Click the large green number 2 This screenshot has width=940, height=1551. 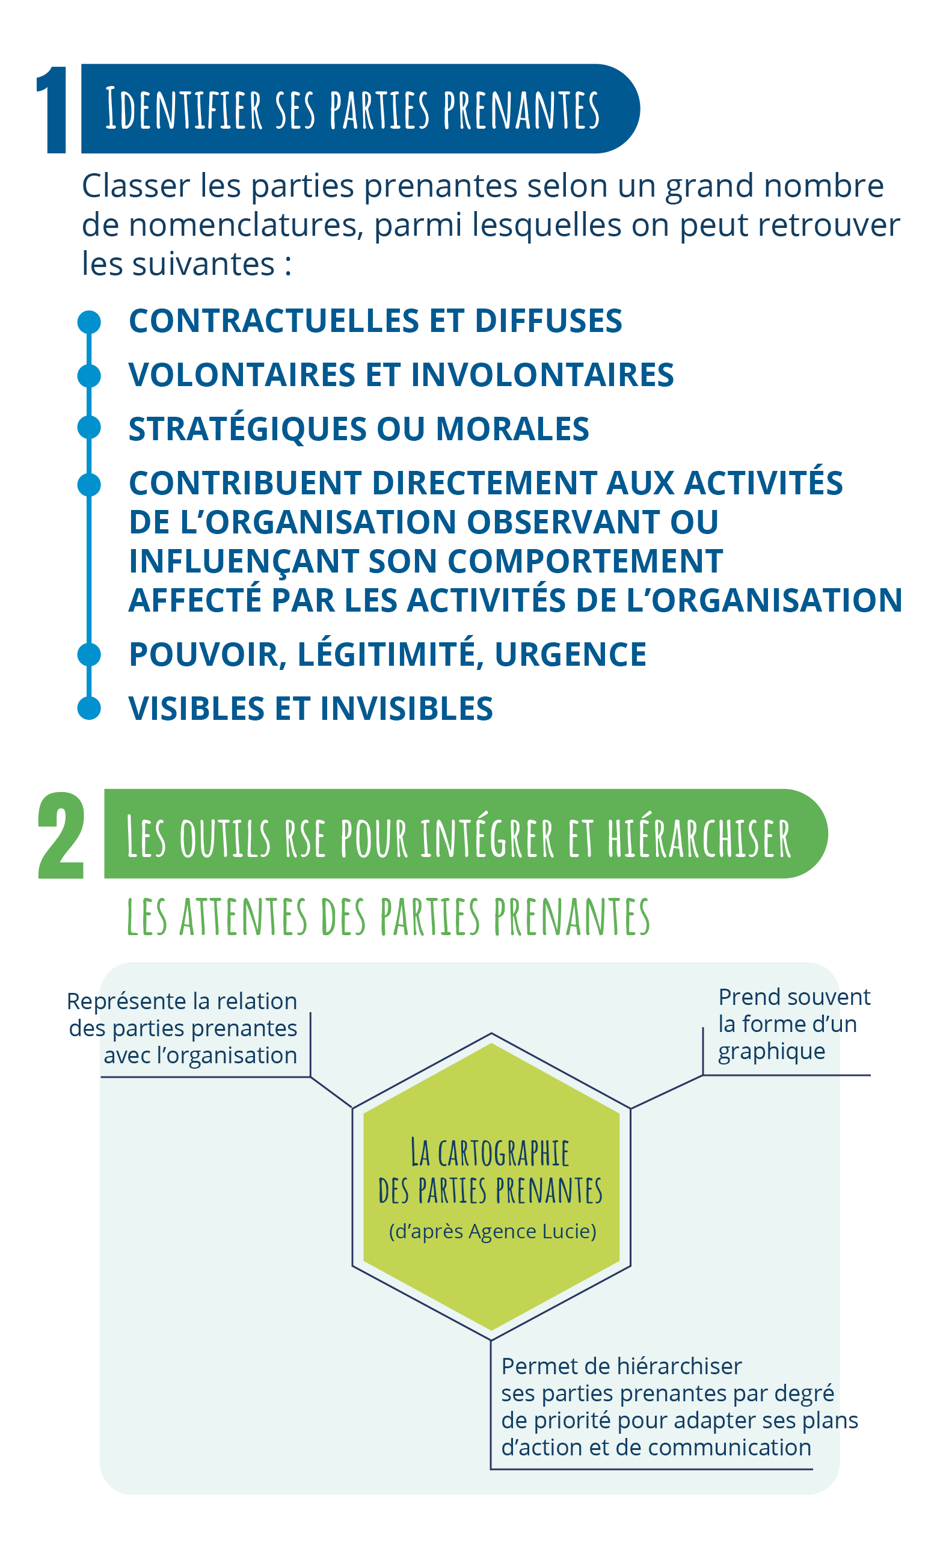point(61,835)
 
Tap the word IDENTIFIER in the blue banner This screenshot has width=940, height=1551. point(183,109)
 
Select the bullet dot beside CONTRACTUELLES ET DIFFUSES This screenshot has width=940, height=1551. point(89,322)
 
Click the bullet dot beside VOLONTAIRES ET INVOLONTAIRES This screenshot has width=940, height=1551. point(89,376)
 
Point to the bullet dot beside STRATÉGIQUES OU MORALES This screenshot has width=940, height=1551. point(89,428)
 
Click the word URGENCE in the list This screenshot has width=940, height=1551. point(570,655)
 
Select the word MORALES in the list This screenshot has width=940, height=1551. point(512,429)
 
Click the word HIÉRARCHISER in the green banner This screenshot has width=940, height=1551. point(698,838)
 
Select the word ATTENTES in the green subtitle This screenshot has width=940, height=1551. point(244,917)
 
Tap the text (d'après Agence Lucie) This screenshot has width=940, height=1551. point(493,1231)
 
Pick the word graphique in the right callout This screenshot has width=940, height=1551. point(771,1051)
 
